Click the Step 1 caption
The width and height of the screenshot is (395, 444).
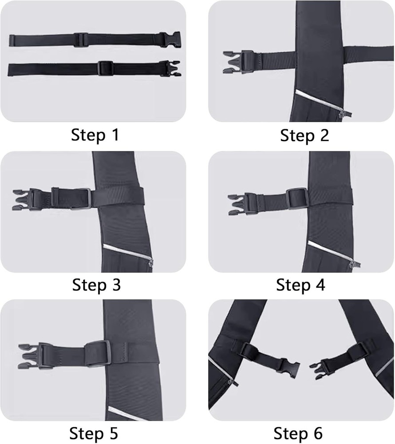[x=95, y=135]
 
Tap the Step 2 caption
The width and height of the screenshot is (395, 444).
[x=304, y=135]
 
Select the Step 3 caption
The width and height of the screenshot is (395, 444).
[x=96, y=285]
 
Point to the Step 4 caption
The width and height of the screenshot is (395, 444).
[x=300, y=285]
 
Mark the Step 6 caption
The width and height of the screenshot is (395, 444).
[x=298, y=432]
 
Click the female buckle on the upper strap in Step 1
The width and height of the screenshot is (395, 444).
[x=171, y=40]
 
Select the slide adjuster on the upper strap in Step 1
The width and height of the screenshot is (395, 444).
[x=80, y=40]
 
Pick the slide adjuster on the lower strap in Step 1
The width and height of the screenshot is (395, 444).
[x=105, y=68]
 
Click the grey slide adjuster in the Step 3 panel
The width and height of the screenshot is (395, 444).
[x=86, y=198]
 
